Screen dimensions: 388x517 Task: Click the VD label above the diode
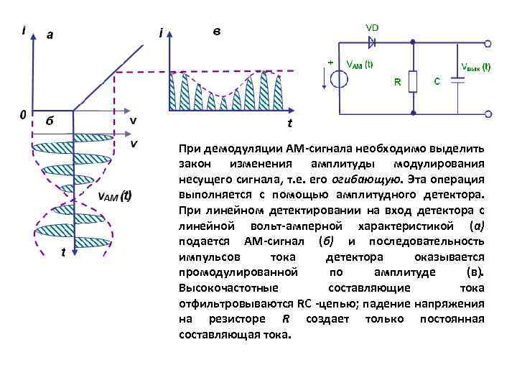pos(372,27)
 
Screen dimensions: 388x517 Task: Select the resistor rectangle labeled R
pos(414,82)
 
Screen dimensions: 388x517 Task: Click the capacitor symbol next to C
pos(454,82)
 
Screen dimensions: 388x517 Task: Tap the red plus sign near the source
pos(330,63)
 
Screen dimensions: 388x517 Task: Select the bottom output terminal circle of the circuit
pos(488,114)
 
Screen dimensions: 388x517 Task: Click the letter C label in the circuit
pos(437,82)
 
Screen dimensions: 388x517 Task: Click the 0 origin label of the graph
pos(24,114)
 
